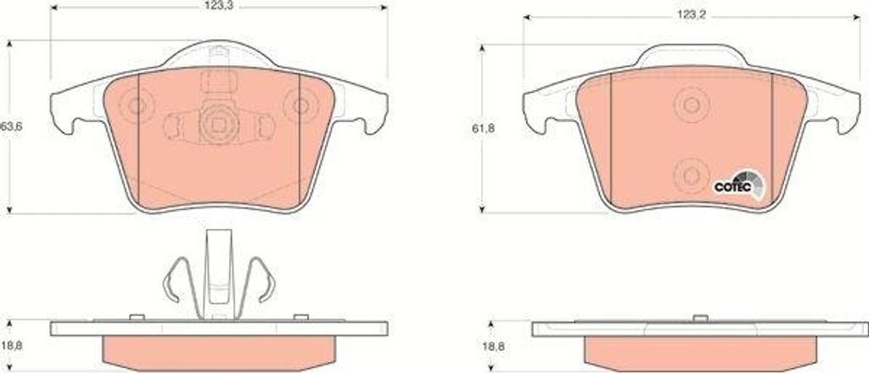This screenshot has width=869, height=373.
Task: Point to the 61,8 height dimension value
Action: pyautogui.click(x=483, y=129)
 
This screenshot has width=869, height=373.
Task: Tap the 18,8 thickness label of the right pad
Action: pyautogui.click(x=492, y=348)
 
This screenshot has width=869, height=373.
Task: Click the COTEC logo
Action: pyautogui.click(x=737, y=185)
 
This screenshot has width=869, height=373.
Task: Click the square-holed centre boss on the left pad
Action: pyautogui.click(x=218, y=125)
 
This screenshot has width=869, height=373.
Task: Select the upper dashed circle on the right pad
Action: pyautogui.click(x=691, y=104)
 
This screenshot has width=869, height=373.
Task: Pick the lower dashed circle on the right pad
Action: pyautogui.click(x=691, y=175)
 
